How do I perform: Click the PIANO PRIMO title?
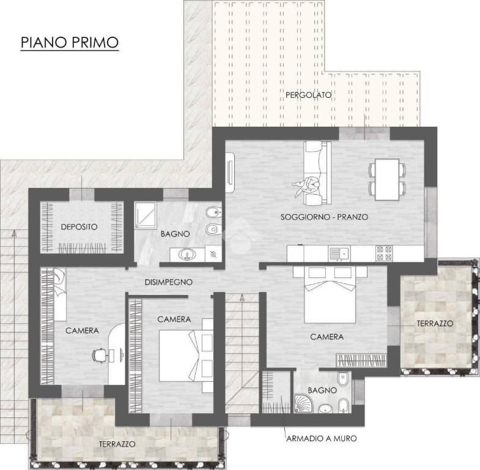70,42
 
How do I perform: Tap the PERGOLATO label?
309,95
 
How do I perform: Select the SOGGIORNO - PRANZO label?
324,217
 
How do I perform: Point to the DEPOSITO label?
79,227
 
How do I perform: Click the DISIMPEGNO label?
168,282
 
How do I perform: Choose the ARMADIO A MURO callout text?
322,438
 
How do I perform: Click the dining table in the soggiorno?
387,179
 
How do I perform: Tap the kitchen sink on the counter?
339,253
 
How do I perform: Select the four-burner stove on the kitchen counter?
384,253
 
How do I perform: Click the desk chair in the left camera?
100,355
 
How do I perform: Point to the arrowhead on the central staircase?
242,297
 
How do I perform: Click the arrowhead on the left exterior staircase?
14,233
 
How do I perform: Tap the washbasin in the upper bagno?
187,255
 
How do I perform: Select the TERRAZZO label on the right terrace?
435,323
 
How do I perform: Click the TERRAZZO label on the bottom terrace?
117,444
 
